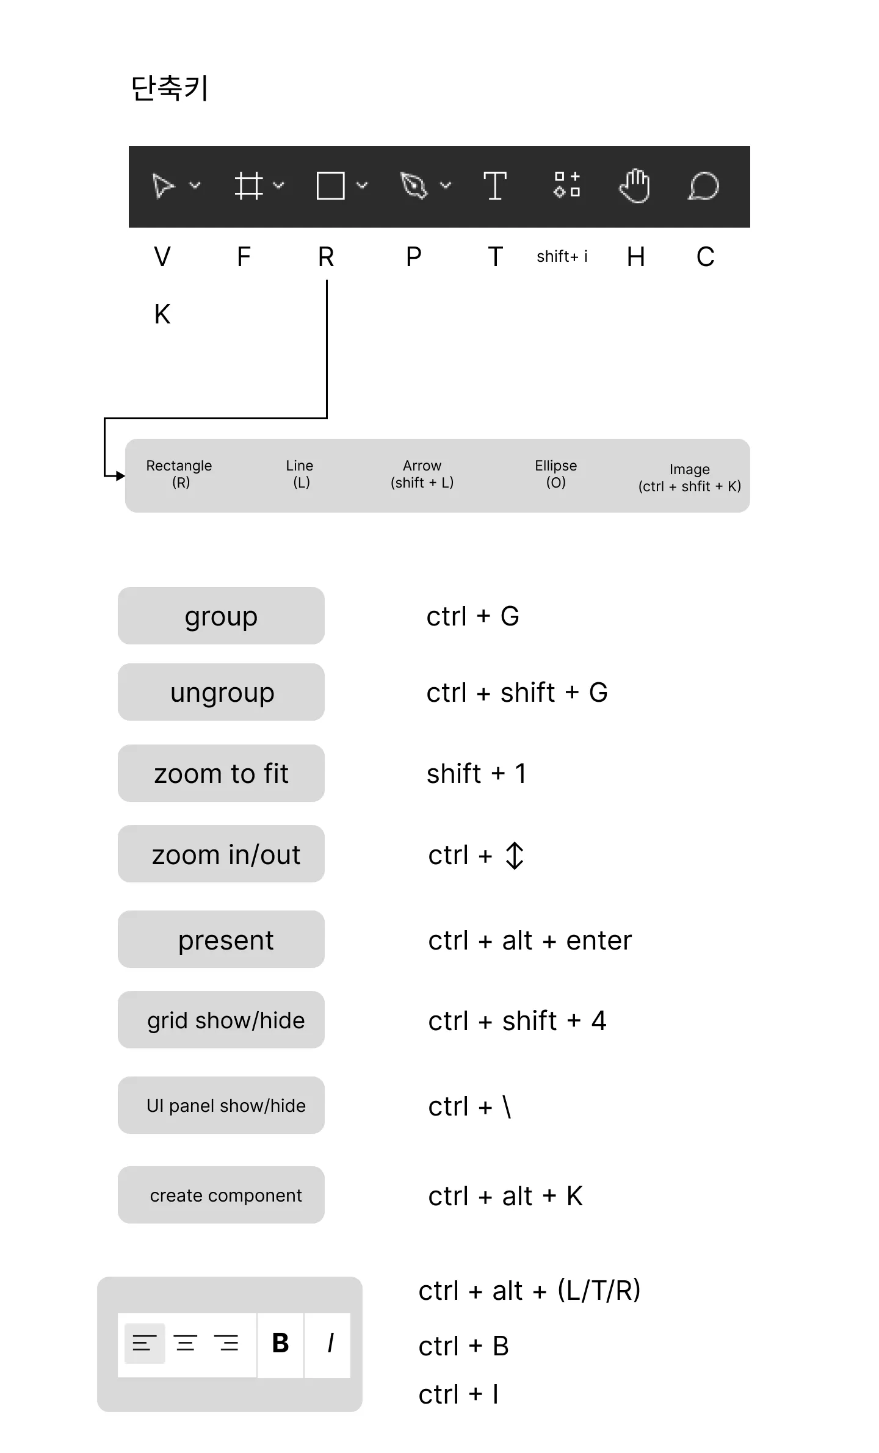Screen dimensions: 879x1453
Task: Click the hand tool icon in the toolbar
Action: [x=634, y=186]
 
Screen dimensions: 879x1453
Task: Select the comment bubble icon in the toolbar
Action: [x=703, y=186]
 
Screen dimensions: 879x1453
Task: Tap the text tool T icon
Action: [x=494, y=186]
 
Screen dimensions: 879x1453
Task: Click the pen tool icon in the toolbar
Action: [x=414, y=186]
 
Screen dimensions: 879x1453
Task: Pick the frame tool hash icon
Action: [x=248, y=186]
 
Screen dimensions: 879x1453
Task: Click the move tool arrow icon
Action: [x=163, y=186]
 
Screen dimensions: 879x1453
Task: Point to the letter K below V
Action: [x=162, y=314]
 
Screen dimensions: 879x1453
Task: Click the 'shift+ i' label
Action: [x=562, y=256]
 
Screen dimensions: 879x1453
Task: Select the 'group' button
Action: [x=221, y=616]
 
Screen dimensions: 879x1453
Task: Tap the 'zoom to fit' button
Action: [x=221, y=773]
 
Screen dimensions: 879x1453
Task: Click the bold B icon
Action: [x=280, y=1343]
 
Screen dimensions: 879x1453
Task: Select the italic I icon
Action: [x=330, y=1343]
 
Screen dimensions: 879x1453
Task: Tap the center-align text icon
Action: [x=186, y=1343]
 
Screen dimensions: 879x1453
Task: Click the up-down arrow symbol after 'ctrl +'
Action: [x=515, y=856]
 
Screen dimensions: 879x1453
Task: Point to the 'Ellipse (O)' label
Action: [x=555, y=474]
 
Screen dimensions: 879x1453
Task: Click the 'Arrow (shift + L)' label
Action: [x=422, y=474]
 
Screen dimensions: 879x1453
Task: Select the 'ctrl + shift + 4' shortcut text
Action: [x=517, y=1021]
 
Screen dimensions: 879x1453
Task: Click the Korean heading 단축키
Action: [x=170, y=88]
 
